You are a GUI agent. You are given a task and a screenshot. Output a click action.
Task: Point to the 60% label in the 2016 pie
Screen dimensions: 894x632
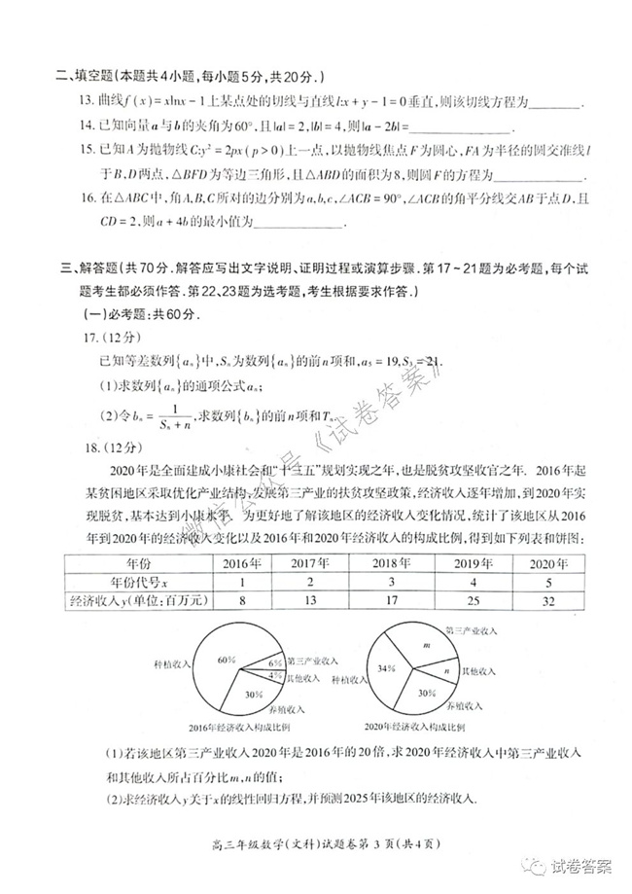coord(228,661)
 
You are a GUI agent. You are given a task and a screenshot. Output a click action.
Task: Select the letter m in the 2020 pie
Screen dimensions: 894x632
coord(426,646)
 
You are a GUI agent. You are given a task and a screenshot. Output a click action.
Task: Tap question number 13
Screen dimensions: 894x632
coord(71,101)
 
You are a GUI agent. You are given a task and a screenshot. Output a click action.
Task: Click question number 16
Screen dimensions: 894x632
coord(71,198)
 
